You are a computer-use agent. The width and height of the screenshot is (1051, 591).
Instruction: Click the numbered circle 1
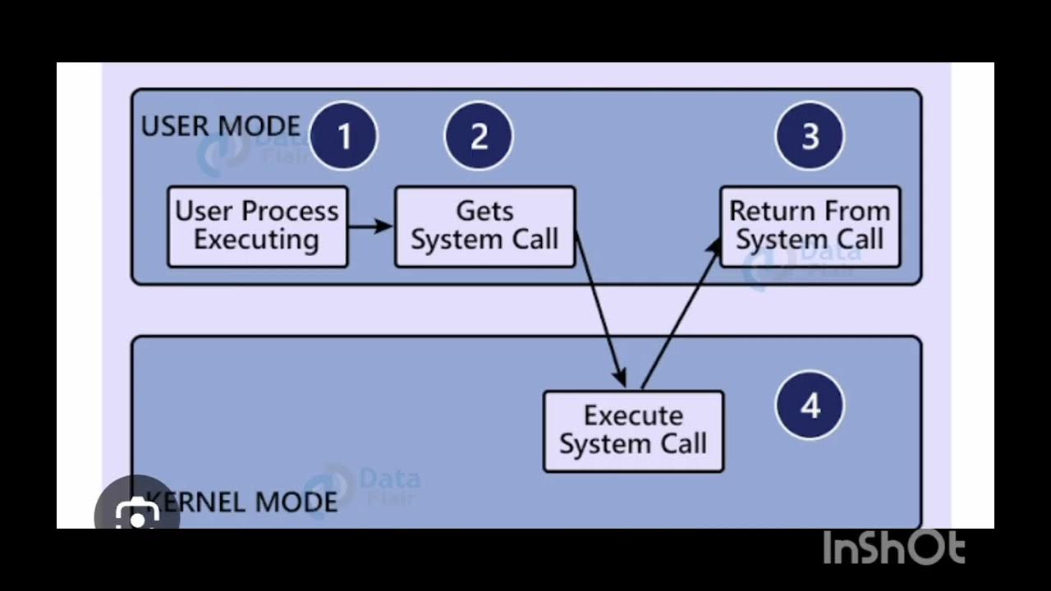tap(344, 136)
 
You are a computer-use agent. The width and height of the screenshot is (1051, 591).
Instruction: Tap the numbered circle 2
tap(479, 136)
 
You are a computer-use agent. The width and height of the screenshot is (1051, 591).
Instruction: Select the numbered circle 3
tap(810, 136)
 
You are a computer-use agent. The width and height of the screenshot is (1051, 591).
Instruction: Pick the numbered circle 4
tap(810, 405)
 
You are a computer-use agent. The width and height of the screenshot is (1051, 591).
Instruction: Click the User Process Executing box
tap(257, 227)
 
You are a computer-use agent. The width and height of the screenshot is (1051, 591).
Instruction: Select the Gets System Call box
tap(484, 227)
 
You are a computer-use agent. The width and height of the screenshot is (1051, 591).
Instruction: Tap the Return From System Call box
tap(810, 227)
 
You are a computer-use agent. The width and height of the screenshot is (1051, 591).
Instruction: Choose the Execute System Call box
tap(633, 431)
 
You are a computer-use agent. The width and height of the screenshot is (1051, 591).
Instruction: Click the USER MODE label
tap(221, 126)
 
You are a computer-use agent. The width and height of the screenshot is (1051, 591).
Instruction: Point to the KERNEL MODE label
tap(246, 502)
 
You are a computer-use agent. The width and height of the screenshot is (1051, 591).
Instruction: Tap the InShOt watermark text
tap(894, 548)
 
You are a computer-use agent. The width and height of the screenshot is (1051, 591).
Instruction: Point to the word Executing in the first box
tap(257, 241)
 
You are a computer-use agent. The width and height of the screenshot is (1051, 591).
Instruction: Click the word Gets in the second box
tap(484, 211)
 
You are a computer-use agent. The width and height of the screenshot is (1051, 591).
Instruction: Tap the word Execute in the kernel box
tap(633, 415)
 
